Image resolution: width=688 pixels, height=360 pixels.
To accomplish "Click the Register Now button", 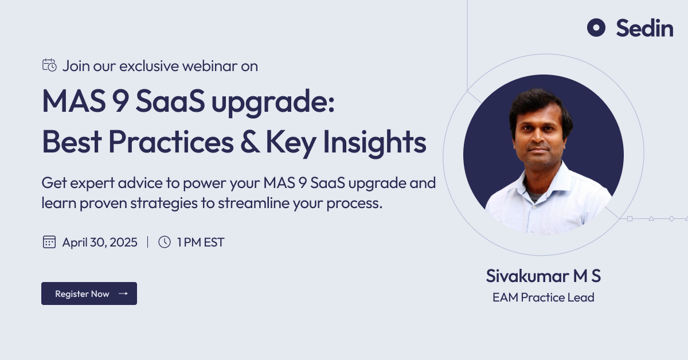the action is pyautogui.click(x=89, y=294).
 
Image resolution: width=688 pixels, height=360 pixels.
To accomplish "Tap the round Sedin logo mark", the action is pyautogui.click(x=596, y=28).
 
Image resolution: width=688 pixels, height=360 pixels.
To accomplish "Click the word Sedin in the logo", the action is pyautogui.click(x=644, y=28).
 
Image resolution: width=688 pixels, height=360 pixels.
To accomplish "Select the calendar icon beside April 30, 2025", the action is pyautogui.click(x=49, y=242).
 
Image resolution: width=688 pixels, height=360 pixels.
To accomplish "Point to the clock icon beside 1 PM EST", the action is pyautogui.click(x=165, y=242).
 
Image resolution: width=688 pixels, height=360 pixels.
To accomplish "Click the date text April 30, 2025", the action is pyautogui.click(x=100, y=242).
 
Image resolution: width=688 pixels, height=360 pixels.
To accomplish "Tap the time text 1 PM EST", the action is pyautogui.click(x=201, y=242).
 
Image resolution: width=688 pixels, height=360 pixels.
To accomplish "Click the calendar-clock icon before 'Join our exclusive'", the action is pyautogui.click(x=49, y=65).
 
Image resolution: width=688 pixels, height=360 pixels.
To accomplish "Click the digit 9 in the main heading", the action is pyautogui.click(x=120, y=101).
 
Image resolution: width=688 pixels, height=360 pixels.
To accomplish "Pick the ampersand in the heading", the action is pyautogui.click(x=250, y=142).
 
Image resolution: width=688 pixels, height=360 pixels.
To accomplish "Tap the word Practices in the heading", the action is pyautogui.click(x=171, y=142).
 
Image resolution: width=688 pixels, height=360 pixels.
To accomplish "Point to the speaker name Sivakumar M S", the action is pyautogui.click(x=544, y=276).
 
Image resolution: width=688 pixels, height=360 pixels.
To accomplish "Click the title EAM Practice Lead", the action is pyautogui.click(x=544, y=298).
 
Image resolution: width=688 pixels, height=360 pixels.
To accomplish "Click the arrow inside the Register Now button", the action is pyautogui.click(x=123, y=294).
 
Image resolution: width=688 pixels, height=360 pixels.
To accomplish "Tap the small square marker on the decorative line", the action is pyautogui.click(x=630, y=219).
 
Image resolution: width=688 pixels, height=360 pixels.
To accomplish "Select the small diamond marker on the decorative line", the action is pyautogui.click(x=672, y=219).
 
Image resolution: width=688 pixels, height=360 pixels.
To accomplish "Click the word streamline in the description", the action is pyautogui.click(x=253, y=203).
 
